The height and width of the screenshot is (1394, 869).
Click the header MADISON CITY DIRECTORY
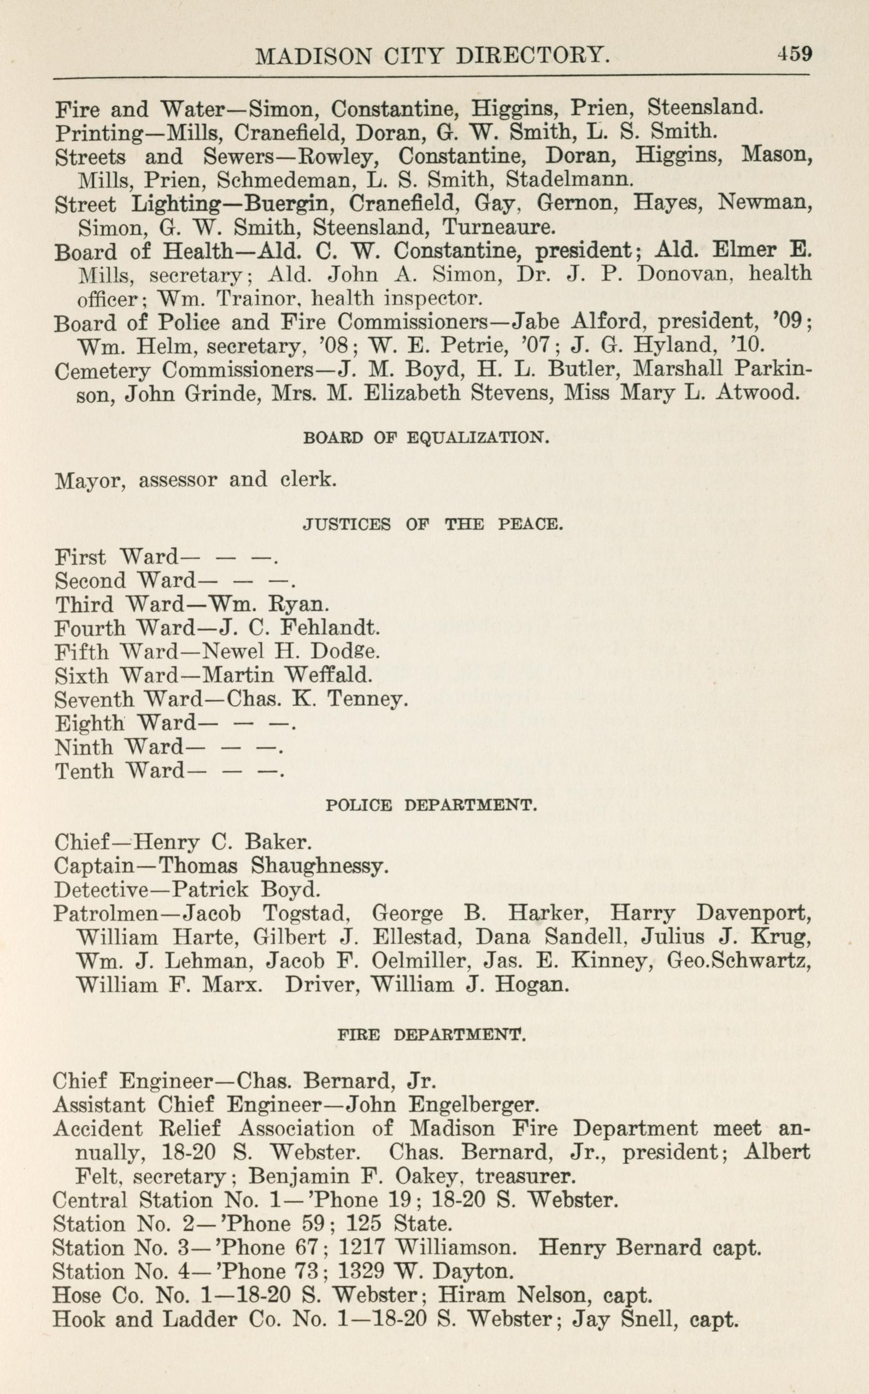[x=432, y=56]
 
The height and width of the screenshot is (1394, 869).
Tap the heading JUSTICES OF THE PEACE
[x=432, y=524]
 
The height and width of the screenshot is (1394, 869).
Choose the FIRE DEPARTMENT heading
[x=431, y=1035]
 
